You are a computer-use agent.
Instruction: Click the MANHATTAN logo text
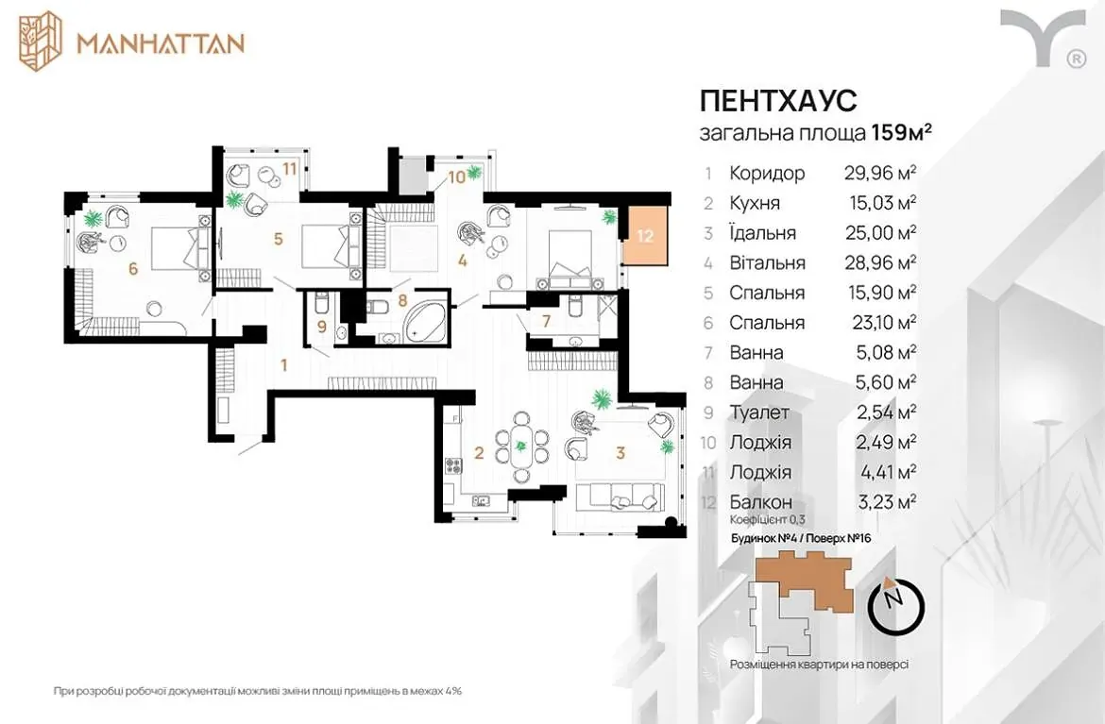(x=161, y=43)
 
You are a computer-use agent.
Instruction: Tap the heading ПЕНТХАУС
(x=778, y=101)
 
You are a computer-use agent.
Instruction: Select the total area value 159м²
(x=902, y=132)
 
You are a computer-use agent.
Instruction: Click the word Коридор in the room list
(x=767, y=174)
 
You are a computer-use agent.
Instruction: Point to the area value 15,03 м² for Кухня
(x=882, y=203)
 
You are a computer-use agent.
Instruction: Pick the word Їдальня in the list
(x=762, y=232)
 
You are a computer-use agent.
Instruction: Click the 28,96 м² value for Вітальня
(x=880, y=262)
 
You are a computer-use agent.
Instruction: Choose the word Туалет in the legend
(x=759, y=412)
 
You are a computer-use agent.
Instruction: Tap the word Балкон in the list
(x=761, y=502)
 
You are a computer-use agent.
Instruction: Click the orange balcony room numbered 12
(x=644, y=236)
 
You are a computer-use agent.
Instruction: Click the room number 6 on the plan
(x=133, y=268)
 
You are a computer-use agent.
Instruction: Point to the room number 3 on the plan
(x=620, y=452)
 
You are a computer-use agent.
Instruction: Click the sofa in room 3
(x=620, y=497)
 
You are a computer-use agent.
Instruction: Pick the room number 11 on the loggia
(x=289, y=168)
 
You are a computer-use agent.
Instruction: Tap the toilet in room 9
(x=320, y=304)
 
